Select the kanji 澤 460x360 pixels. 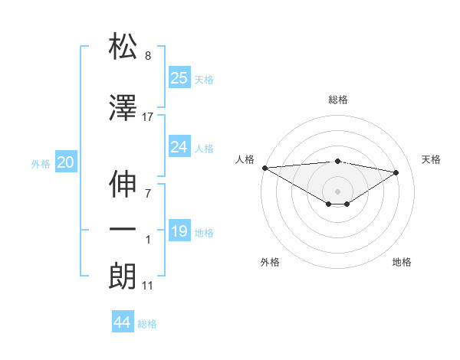123,108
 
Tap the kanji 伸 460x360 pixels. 123,183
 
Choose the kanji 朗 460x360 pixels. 123,277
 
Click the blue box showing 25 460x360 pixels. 179,78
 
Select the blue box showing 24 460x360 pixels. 179,147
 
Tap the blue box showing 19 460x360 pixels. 179,231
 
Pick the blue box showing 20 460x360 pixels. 66,162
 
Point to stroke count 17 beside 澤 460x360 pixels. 148,117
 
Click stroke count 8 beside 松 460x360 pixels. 148,56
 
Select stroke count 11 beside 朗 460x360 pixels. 148,286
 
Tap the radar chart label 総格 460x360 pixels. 337,100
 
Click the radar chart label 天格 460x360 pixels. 432,159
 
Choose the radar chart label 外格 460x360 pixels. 270,262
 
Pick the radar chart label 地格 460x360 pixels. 402,262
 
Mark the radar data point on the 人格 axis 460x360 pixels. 264,168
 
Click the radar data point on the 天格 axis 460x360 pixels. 396,172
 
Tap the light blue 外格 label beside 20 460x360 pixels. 41,163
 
